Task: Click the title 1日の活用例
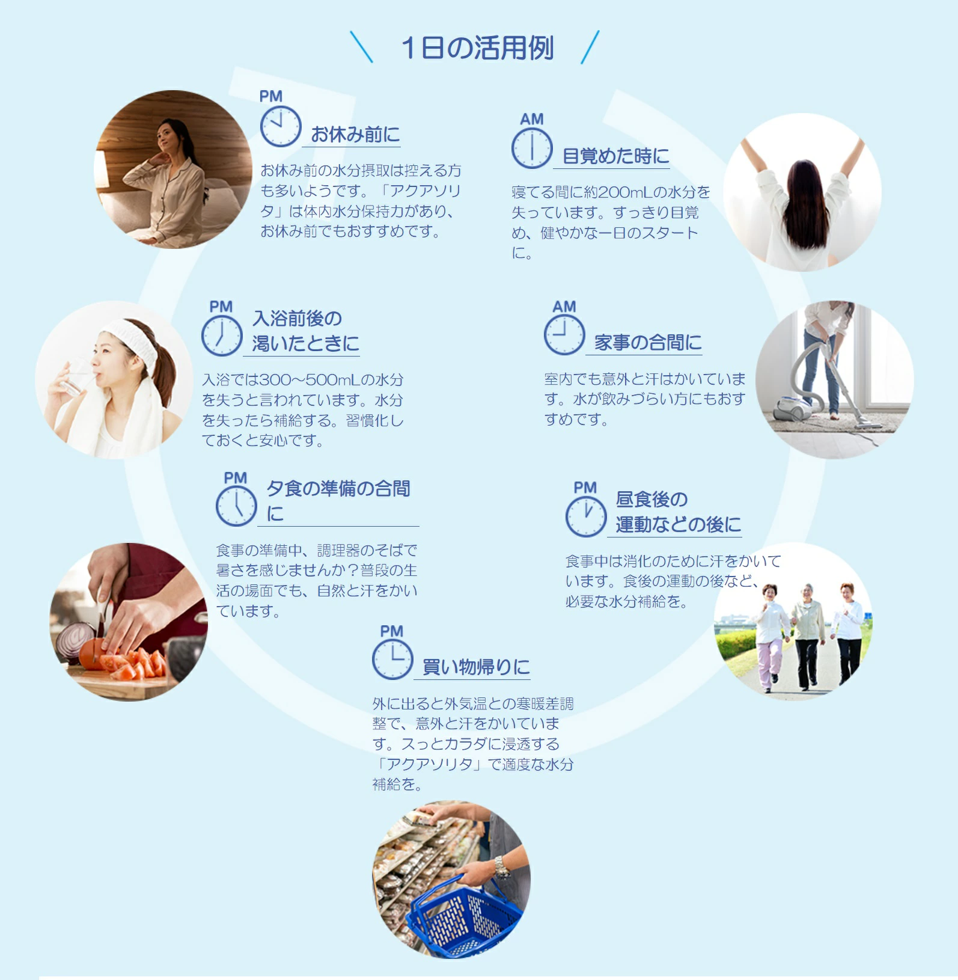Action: pos(478,48)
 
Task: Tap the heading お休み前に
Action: pos(355,134)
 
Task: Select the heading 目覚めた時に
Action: pos(615,156)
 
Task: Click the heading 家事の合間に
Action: pos(648,342)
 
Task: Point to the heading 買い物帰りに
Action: pos(476,667)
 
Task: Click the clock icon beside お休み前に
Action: pos(281,126)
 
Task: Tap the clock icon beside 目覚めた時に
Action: pos(532,148)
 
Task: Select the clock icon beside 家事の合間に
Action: pos(564,334)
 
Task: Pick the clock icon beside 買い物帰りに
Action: pos(392,659)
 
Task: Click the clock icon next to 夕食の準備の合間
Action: pos(236,506)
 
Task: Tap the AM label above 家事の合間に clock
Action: pos(564,307)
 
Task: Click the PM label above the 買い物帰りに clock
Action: pos(392,631)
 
